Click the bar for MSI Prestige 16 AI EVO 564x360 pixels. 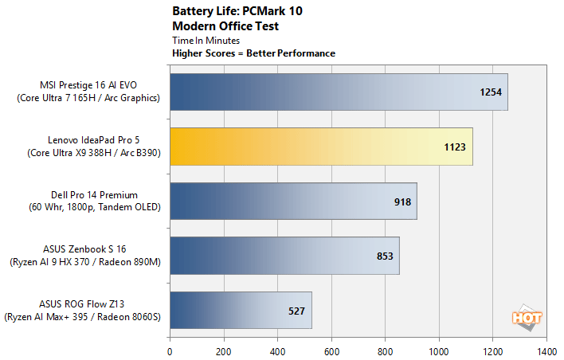[x=339, y=92]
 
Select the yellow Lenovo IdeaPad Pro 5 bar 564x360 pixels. [x=321, y=147]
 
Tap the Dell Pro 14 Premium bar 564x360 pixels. [x=293, y=202]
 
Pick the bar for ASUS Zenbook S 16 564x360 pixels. [x=284, y=256]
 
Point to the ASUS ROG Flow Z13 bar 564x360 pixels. [x=241, y=311]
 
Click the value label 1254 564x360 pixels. [x=491, y=92]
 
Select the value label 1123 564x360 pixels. [x=455, y=147]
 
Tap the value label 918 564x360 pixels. [x=402, y=202]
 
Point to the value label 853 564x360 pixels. [x=385, y=256]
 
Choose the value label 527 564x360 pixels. [x=297, y=311]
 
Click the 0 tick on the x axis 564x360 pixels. [x=170, y=350]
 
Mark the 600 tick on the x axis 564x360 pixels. [x=331, y=350]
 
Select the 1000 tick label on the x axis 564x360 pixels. [x=439, y=350]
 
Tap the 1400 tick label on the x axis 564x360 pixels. [x=546, y=350]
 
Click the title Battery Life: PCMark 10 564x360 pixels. [x=231, y=12]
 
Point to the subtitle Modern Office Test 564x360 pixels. [x=225, y=25]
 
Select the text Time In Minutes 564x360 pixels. [x=206, y=40]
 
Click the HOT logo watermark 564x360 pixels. [x=527, y=315]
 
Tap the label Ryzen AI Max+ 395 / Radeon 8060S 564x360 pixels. [x=83, y=317]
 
